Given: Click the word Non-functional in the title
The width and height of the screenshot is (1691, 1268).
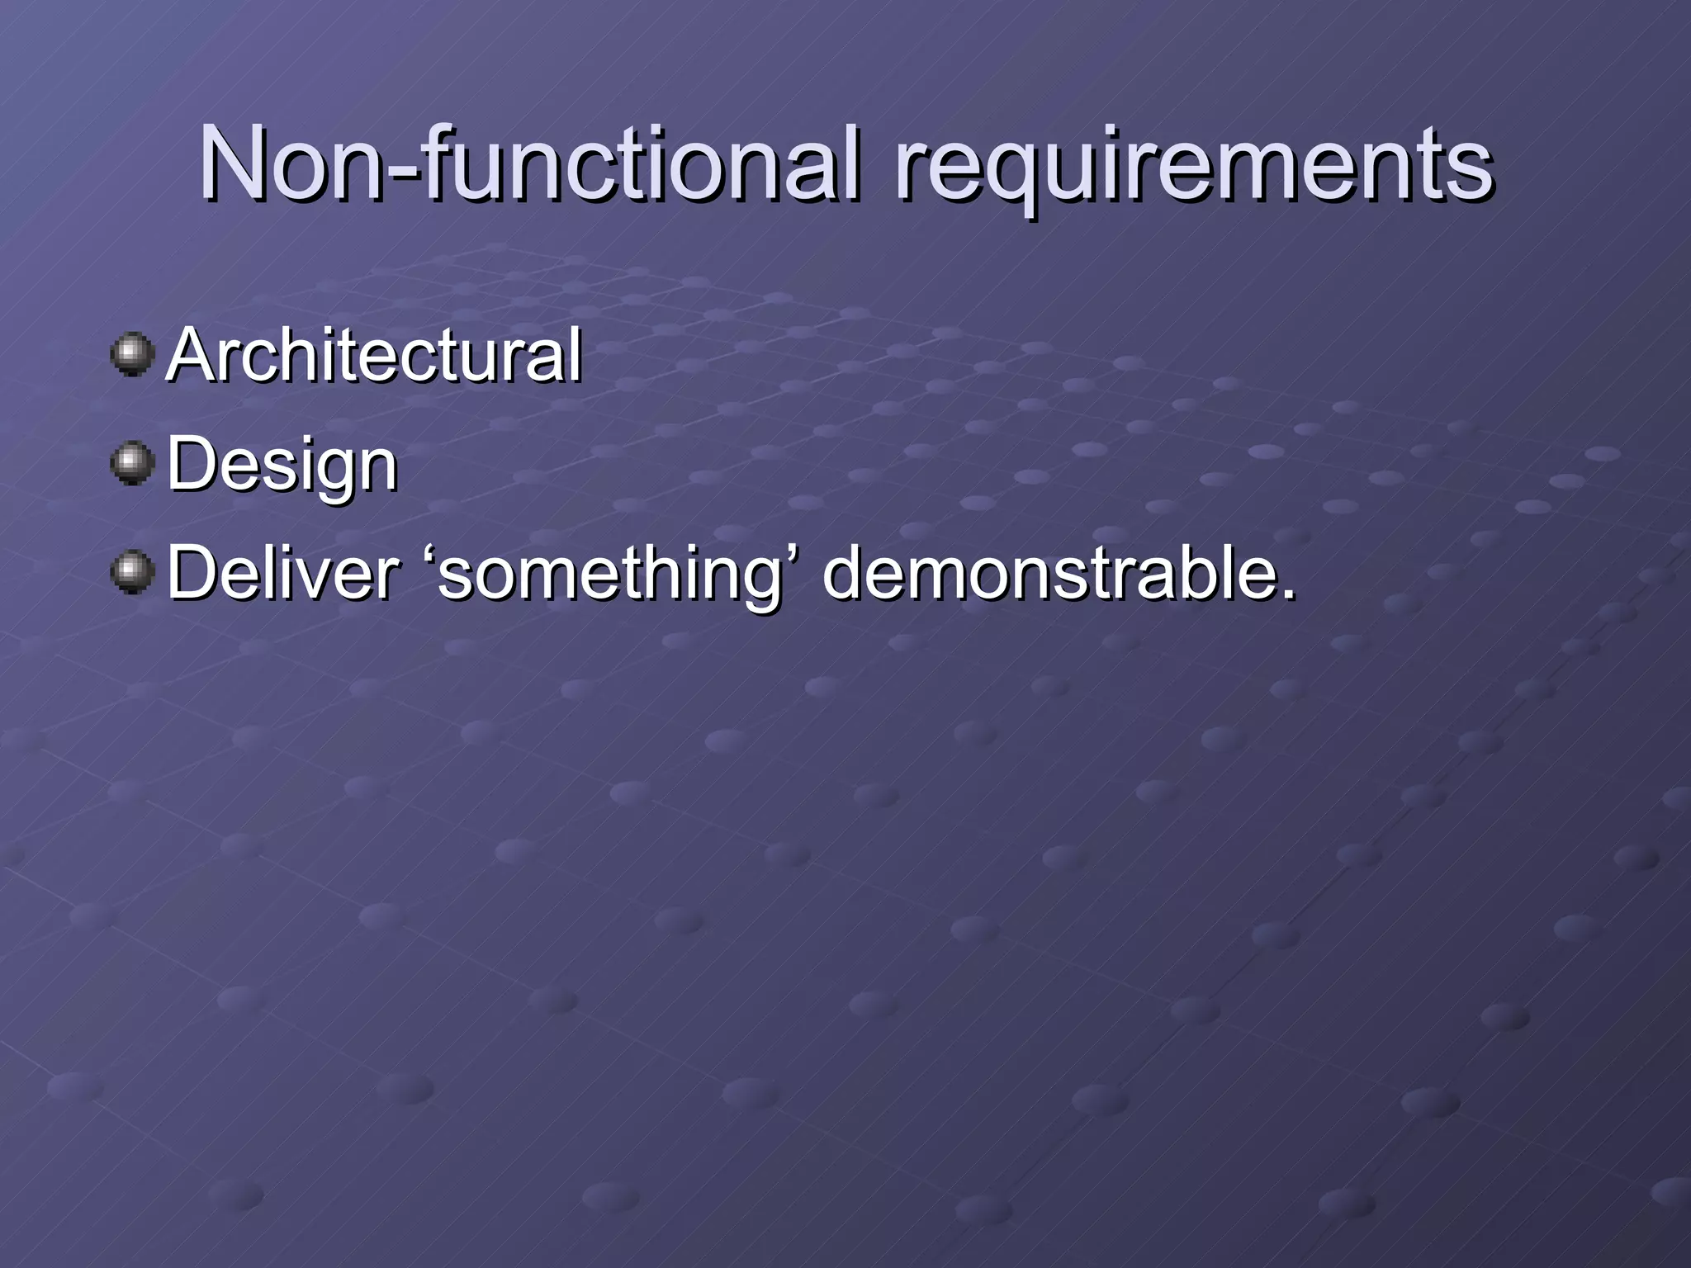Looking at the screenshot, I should (x=528, y=165).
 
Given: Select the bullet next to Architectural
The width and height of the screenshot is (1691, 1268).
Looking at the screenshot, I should (x=132, y=355).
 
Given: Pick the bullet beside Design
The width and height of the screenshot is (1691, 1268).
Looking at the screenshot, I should (x=132, y=464).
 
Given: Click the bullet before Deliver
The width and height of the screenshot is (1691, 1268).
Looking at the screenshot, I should (x=132, y=573).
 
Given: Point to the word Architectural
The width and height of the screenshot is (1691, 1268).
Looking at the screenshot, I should (x=373, y=357).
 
